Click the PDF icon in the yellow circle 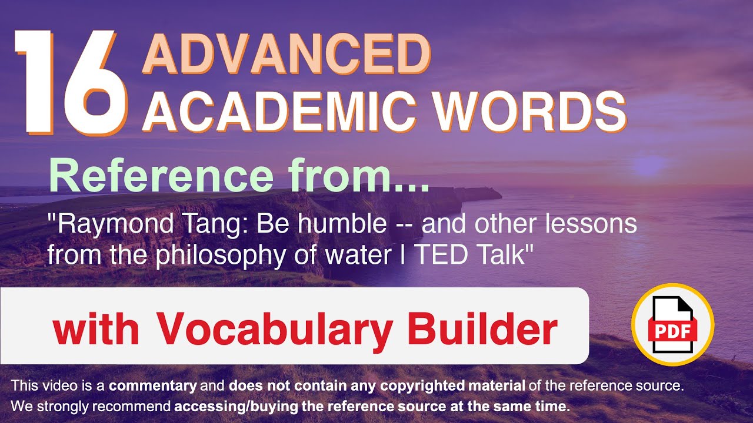coord(672,324)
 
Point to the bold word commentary coord(153,387)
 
